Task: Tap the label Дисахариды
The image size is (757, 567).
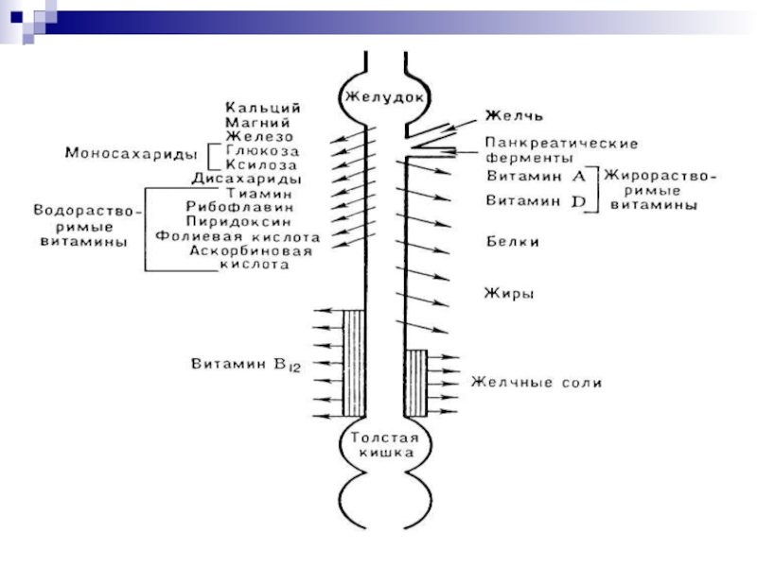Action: tap(247, 178)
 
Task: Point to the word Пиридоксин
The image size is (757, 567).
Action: tap(249, 221)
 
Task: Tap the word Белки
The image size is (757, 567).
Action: tap(513, 242)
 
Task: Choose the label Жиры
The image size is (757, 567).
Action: tap(510, 293)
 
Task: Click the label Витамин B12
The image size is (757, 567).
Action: tap(245, 364)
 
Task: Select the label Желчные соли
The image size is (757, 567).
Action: tap(537, 383)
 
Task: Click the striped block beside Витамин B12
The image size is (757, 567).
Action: tap(354, 364)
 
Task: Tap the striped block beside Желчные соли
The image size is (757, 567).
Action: tap(415, 383)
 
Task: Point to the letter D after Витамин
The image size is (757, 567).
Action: tap(578, 200)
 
